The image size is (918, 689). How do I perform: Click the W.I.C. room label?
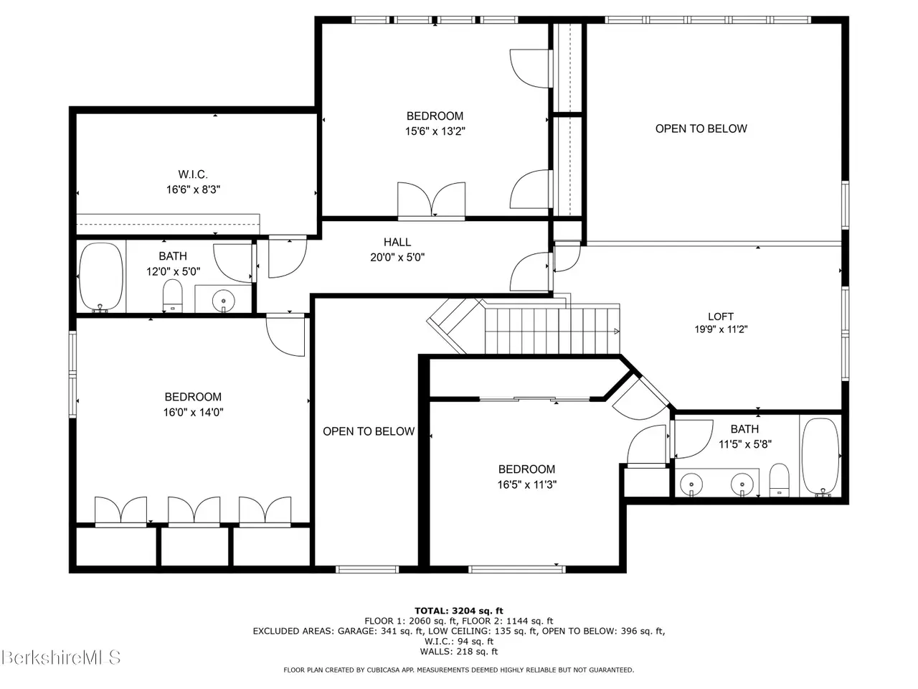coord(192,174)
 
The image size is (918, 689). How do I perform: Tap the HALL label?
coord(397,242)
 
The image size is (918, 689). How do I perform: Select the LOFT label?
coord(720,317)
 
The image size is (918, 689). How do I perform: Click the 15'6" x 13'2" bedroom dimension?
coord(435,131)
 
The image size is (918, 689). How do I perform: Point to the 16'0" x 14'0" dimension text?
coord(193,413)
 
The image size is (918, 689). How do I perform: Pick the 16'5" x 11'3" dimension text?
coord(526,484)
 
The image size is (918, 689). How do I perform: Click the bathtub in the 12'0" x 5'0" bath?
coord(101,276)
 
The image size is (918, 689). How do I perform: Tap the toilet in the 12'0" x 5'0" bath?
coord(172,296)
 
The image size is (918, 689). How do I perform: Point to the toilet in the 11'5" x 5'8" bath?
coord(779,480)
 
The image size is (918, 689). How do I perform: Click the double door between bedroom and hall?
coord(431,200)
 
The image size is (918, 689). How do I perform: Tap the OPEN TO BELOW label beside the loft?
coord(701,128)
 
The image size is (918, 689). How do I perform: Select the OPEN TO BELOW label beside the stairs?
coord(369,431)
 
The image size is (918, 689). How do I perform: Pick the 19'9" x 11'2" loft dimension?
coord(721,329)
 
